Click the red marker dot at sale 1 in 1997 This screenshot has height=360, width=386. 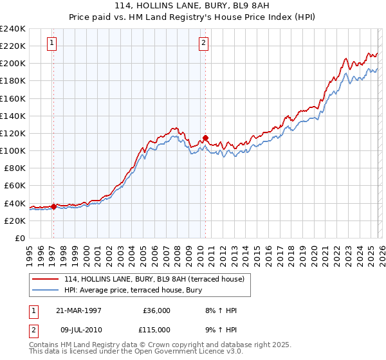(53, 206)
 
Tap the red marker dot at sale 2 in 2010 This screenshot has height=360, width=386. (205, 137)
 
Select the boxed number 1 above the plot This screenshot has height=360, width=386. (52, 44)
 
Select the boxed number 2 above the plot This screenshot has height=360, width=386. (203, 44)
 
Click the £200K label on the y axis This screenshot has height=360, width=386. (13, 64)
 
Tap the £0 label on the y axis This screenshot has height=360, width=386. (19, 238)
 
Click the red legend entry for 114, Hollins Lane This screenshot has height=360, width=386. (154, 280)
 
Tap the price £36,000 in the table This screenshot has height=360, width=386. (156, 310)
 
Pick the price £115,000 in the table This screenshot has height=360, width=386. (156, 328)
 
